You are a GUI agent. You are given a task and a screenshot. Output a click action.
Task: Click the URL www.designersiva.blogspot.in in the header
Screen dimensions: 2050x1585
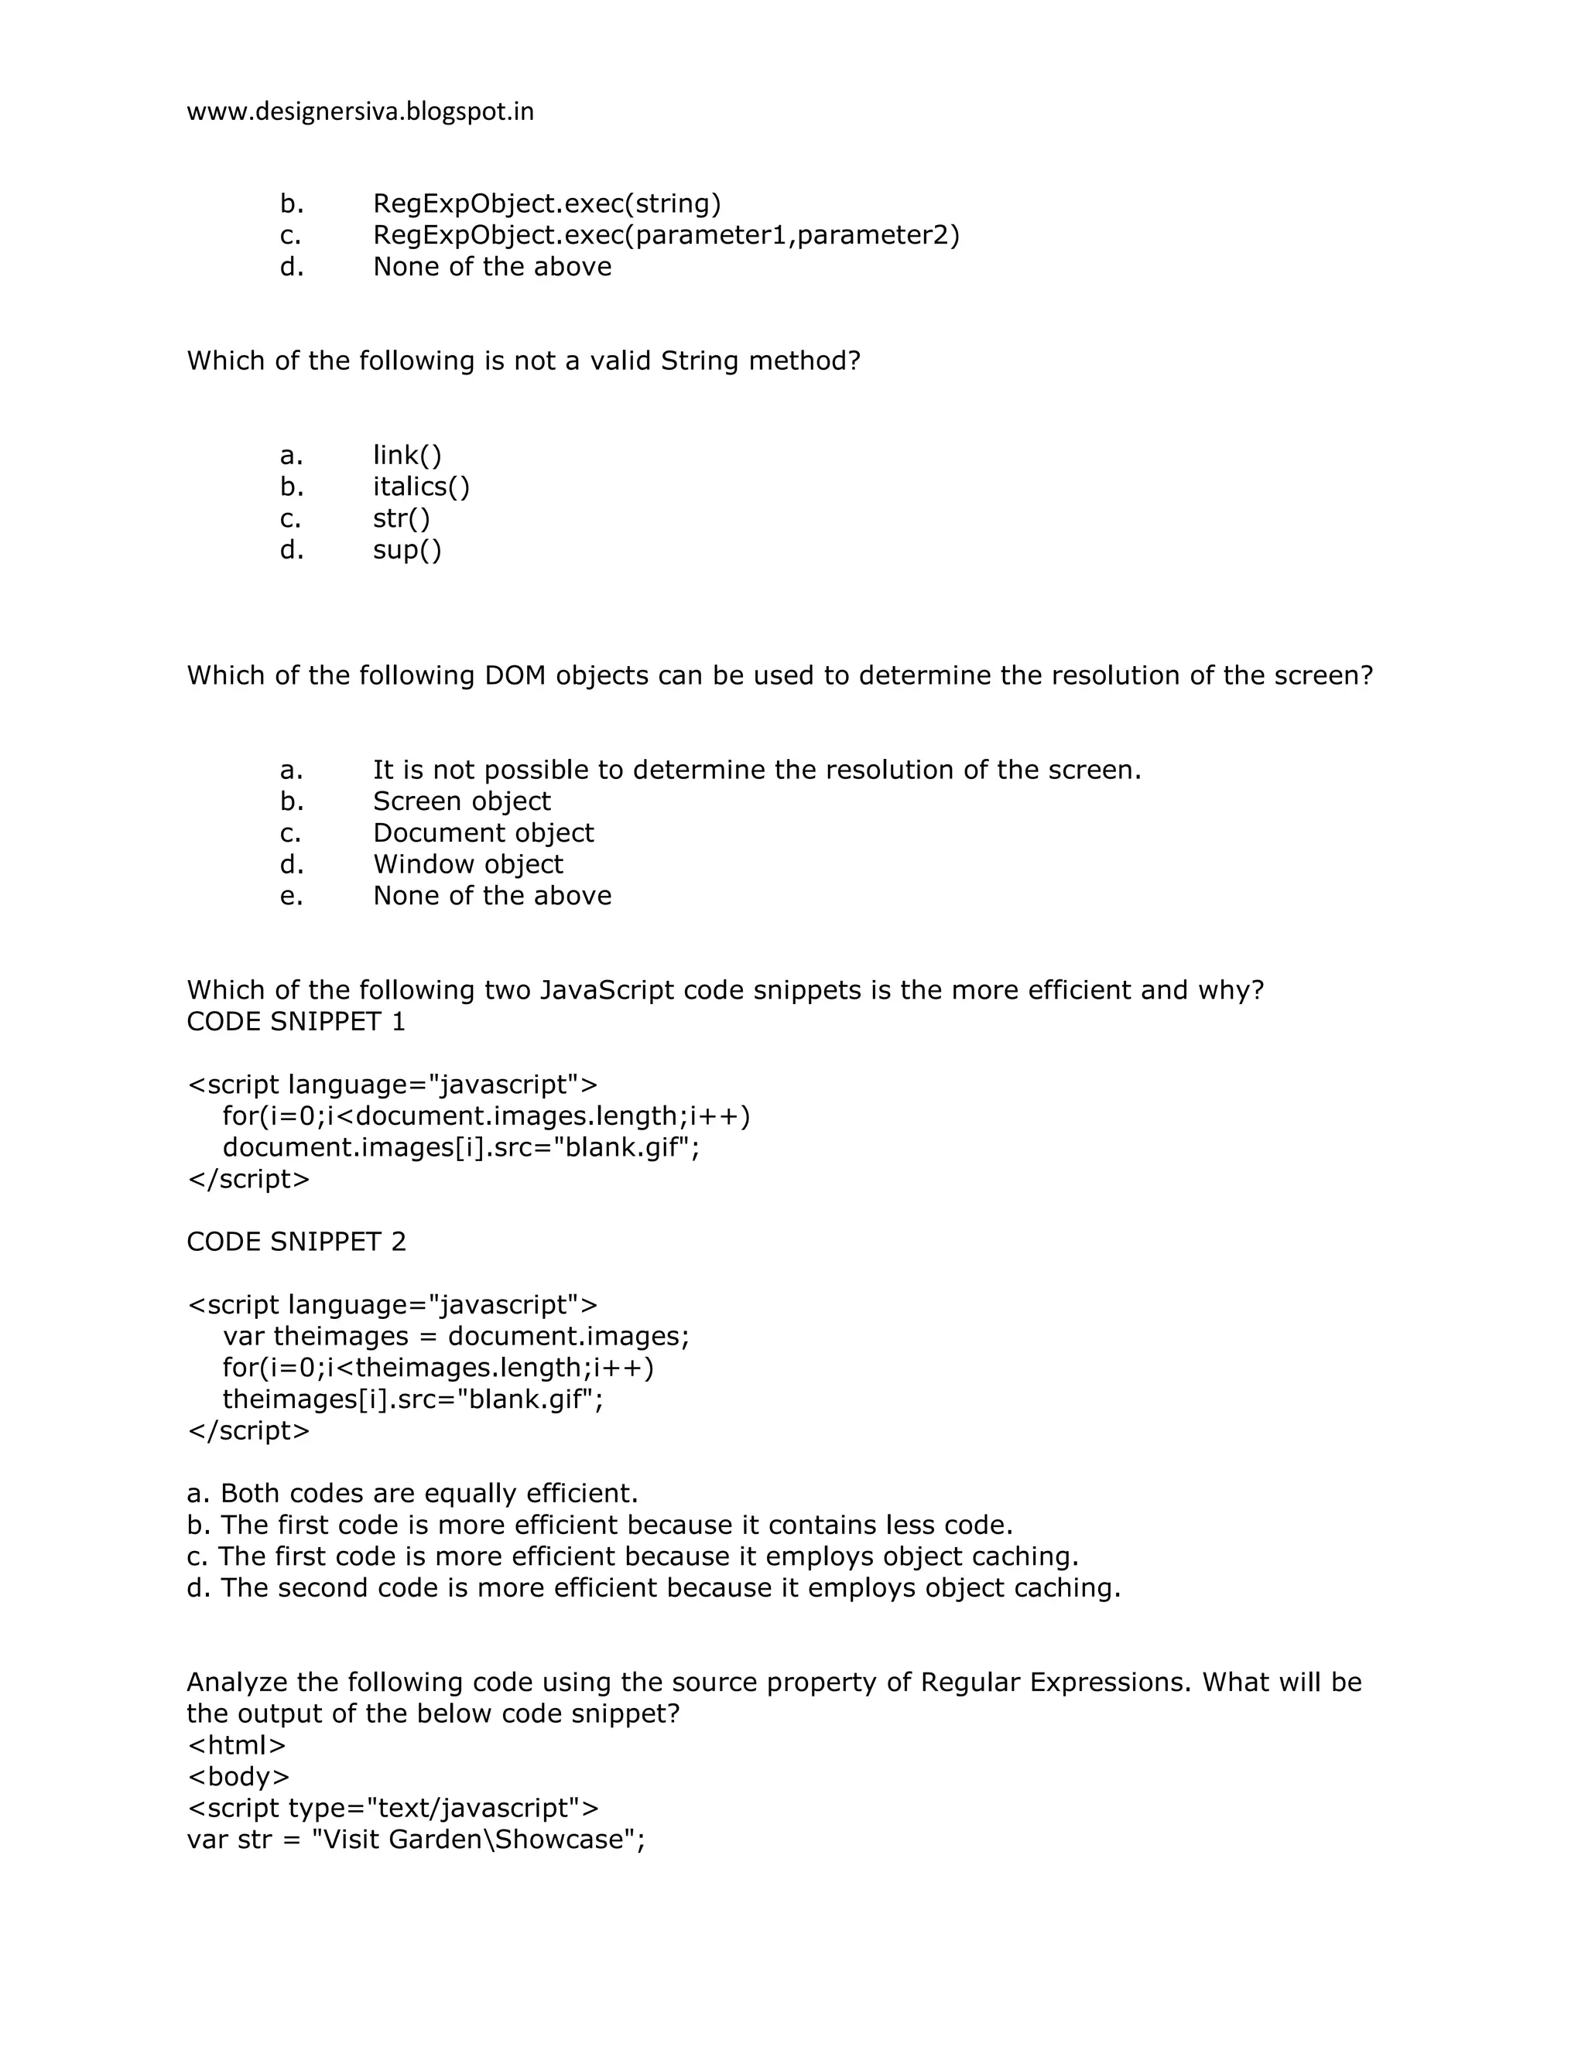pyautogui.click(x=360, y=111)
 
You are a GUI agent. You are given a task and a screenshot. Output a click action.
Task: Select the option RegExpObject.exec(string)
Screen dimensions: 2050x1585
pyautogui.click(x=546, y=203)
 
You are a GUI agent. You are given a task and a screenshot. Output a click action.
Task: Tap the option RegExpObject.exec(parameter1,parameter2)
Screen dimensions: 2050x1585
pyautogui.click(x=666, y=234)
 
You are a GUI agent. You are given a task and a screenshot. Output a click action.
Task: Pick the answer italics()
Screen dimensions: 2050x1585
pyautogui.click(x=421, y=487)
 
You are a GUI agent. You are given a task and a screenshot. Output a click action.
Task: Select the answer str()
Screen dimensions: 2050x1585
pyautogui.click(x=401, y=518)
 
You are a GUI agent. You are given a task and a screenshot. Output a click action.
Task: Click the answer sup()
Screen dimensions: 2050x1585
pyautogui.click(x=406, y=550)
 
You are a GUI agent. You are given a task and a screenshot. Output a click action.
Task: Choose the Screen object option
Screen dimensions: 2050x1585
pyautogui.click(x=461, y=801)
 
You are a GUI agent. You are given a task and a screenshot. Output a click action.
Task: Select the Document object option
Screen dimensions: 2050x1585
pyautogui.click(x=483, y=833)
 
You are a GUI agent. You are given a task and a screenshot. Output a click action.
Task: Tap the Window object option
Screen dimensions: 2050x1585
pyautogui.click(x=467, y=865)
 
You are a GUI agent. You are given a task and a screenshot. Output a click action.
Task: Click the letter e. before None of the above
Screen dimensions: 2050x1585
pyautogui.click(x=291, y=897)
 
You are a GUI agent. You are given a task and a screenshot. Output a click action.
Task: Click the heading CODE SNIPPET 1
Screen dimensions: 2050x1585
pyautogui.click(x=296, y=1022)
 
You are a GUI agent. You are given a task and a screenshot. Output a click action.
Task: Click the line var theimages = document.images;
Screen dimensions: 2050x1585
pyautogui.click(x=455, y=1337)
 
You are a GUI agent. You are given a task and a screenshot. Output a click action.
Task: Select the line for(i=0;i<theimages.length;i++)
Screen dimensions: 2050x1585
pyautogui.click(x=437, y=1368)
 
